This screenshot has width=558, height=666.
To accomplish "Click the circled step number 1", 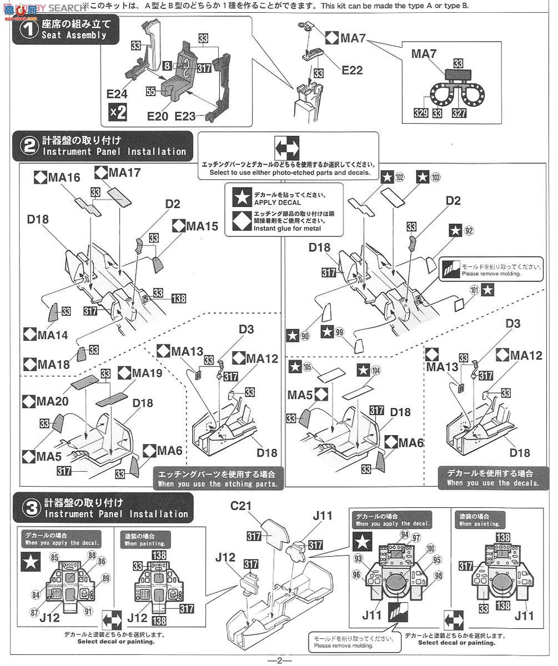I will (x=28, y=29).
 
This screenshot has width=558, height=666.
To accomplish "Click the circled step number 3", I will (x=28, y=508).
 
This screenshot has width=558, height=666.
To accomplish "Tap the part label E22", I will (x=352, y=70).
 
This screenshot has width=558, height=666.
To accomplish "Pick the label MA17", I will (x=124, y=173).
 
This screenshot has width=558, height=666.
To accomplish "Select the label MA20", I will (x=41, y=400).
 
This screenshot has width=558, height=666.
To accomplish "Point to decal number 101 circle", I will (x=474, y=289).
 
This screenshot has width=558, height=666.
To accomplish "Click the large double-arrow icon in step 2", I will (x=286, y=149).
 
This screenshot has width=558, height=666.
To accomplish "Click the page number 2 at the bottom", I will (x=279, y=660).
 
